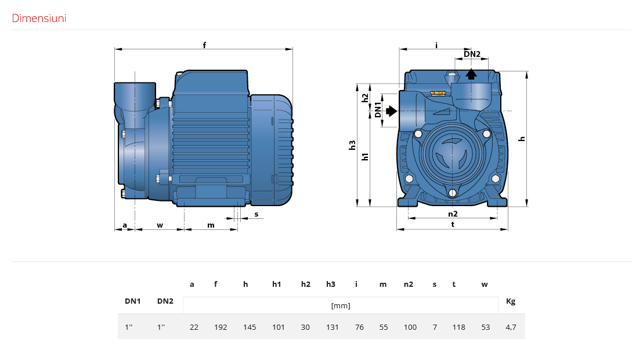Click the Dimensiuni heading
click(x=39, y=18)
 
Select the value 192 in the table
click(x=221, y=327)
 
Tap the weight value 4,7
click(x=511, y=327)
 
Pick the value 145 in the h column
click(x=250, y=327)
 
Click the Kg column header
click(x=511, y=301)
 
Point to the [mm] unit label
click(x=341, y=306)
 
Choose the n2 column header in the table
click(x=409, y=284)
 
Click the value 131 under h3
click(x=332, y=327)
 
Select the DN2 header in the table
click(x=165, y=301)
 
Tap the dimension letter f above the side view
click(x=204, y=45)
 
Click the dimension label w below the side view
click(x=160, y=225)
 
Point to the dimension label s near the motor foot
click(x=257, y=214)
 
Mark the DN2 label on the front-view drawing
click(x=472, y=54)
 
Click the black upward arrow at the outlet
click(x=471, y=74)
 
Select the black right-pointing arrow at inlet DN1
click(x=391, y=111)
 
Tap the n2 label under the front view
click(x=453, y=214)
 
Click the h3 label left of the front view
click(x=352, y=145)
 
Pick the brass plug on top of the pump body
click(x=438, y=93)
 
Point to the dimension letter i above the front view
click(x=436, y=45)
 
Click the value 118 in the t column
click(x=459, y=327)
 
